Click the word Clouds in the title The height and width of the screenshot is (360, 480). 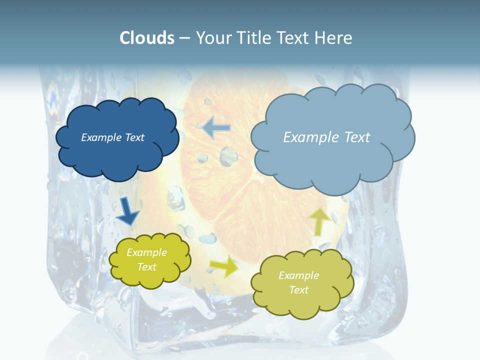[x=146, y=38]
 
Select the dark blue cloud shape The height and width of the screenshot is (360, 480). [x=117, y=155]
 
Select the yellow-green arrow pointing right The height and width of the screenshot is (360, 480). [x=224, y=266]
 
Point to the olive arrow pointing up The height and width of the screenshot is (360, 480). [x=319, y=221]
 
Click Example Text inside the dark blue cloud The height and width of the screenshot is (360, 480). [x=112, y=137]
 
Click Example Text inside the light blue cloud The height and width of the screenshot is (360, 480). [x=326, y=137]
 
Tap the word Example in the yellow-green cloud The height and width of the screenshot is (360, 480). [x=146, y=252]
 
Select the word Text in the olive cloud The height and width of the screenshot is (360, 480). [x=298, y=290]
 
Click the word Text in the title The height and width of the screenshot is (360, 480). [x=294, y=38]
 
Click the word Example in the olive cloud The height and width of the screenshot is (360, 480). [x=298, y=275]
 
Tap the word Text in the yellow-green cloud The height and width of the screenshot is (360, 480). [x=146, y=267]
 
